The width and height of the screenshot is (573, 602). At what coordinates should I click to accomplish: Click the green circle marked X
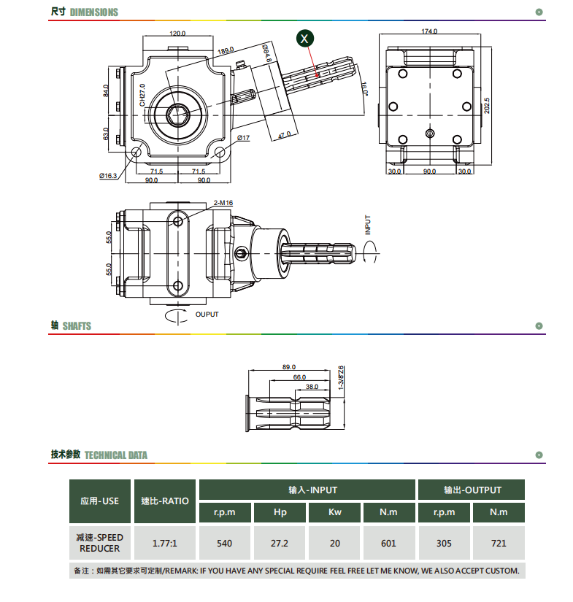(x=305, y=39)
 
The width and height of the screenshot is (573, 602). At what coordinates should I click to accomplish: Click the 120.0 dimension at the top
(x=177, y=34)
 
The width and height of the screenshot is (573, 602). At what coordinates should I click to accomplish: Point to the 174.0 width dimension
(x=429, y=31)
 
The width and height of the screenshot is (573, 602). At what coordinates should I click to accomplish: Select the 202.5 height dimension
(x=487, y=106)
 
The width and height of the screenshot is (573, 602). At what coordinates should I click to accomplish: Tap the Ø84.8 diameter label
(x=267, y=53)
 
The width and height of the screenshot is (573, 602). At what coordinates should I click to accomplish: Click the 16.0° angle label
(x=364, y=89)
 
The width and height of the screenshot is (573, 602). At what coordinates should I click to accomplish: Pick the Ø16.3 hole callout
(x=108, y=176)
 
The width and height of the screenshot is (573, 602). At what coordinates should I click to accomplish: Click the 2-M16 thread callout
(x=223, y=203)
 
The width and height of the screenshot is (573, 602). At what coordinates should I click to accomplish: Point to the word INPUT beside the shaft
(x=368, y=225)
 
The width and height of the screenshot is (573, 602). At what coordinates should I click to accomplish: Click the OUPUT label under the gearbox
(x=207, y=314)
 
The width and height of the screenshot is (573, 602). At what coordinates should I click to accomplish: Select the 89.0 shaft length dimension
(x=289, y=367)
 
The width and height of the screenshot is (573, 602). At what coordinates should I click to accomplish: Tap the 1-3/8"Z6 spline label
(x=341, y=378)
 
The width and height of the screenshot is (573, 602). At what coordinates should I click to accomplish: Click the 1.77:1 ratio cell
(x=165, y=543)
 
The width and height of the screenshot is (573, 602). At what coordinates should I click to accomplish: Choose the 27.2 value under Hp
(x=280, y=543)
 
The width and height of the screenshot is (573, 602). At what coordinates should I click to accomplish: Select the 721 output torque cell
(x=499, y=543)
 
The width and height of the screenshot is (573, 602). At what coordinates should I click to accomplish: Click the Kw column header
(x=334, y=512)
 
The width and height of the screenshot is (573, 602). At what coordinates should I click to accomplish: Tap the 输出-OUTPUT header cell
(x=472, y=490)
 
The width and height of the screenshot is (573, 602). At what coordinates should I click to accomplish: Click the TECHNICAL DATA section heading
(x=116, y=455)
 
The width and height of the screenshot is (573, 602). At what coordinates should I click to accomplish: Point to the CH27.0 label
(x=142, y=95)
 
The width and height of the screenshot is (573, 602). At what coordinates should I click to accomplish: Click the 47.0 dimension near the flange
(x=284, y=135)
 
